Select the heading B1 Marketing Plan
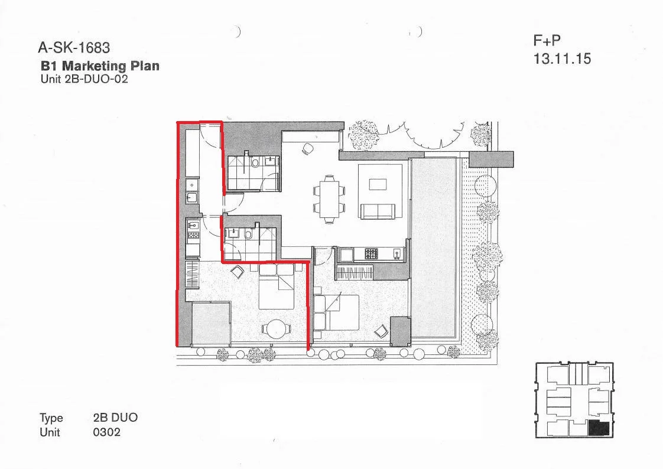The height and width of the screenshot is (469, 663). point(100,66)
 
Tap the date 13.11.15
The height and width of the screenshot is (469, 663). point(562,59)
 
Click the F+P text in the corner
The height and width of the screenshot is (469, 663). point(547,40)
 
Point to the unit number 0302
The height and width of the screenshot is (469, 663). point(107,432)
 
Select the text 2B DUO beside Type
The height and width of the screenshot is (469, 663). point(115,418)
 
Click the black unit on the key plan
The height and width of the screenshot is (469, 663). point(599,428)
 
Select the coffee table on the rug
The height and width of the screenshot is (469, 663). point(378,184)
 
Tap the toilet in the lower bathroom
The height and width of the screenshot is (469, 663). point(249,234)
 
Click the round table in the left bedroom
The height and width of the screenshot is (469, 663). point(276,328)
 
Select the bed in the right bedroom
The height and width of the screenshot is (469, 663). point(336,312)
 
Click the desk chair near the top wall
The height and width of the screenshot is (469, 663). point(308,149)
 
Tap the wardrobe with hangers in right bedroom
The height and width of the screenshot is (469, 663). point(355,272)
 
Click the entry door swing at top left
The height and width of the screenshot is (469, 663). point(210,135)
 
